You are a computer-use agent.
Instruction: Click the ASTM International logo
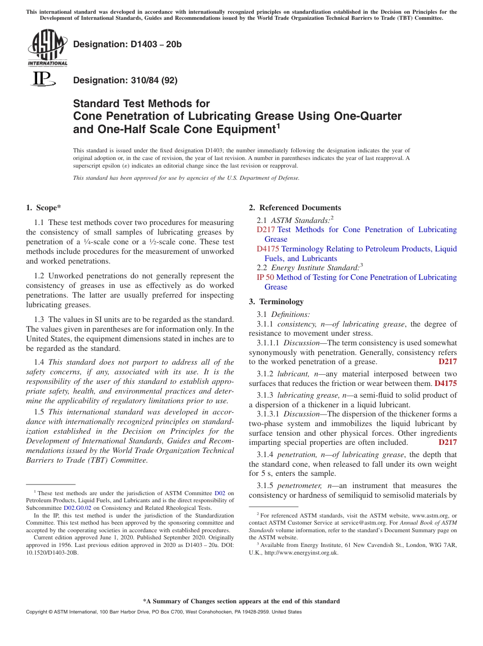coord(47,48)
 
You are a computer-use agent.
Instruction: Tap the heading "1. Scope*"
coord(44,207)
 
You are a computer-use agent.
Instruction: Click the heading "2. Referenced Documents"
coord(295,207)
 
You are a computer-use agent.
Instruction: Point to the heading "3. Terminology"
coord(276,301)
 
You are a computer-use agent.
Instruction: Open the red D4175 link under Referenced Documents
coord(268,249)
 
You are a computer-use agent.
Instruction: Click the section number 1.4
coord(39,362)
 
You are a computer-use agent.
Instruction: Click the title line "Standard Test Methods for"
coord(141,104)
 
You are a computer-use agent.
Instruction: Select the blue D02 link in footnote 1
coord(220,493)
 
